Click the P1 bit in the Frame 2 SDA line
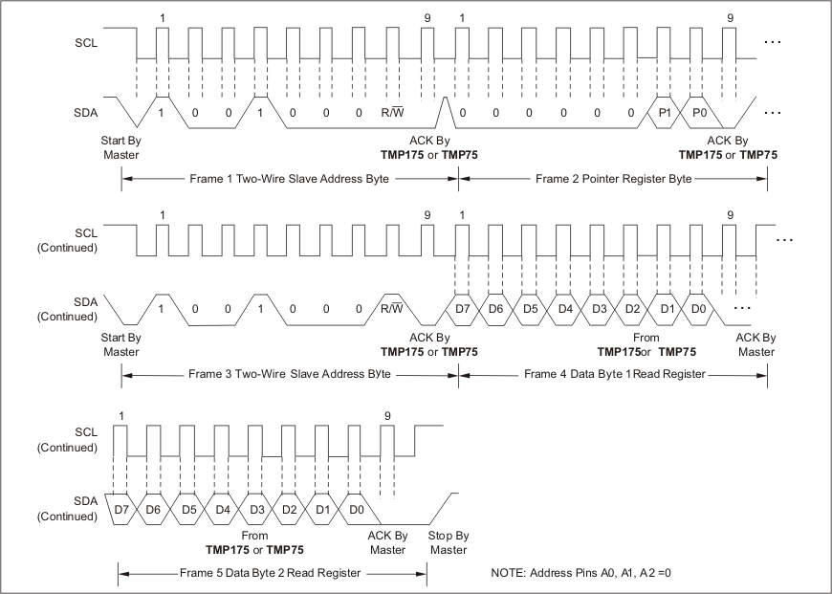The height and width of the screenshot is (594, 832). click(665, 112)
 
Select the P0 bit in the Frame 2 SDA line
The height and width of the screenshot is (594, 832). click(699, 112)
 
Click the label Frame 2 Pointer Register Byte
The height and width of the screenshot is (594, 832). click(613, 178)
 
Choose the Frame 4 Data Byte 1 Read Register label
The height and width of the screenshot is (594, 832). click(613, 375)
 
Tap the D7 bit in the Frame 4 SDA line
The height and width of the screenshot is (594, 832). click(462, 310)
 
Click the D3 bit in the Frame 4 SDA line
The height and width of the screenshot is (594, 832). click(600, 310)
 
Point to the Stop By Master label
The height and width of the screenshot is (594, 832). click(447, 543)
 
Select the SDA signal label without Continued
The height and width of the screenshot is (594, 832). click(85, 113)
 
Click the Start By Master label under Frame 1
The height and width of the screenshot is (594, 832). click(121, 147)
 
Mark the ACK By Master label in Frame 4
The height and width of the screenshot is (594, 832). click(755, 344)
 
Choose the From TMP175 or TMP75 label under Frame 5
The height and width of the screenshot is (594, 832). click(255, 543)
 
